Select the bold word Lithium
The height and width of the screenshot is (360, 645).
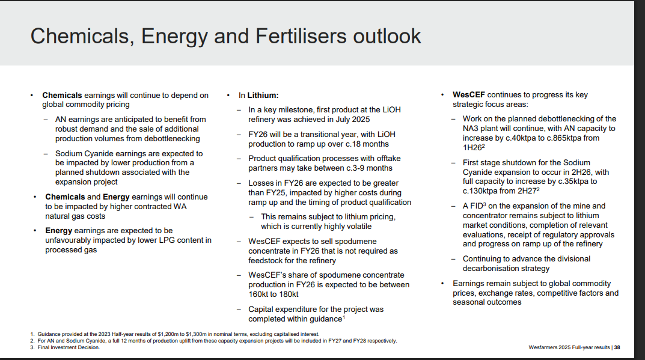[x=263, y=96]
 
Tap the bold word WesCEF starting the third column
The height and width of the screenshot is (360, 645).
[x=469, y=94]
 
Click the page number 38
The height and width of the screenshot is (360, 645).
[x=617, y=347]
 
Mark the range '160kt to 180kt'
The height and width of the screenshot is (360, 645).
[x=273, y=294]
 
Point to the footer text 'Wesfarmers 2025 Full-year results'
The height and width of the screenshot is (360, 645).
[x=569, y=347]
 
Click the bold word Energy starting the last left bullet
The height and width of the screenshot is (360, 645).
[x=59, y=230]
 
